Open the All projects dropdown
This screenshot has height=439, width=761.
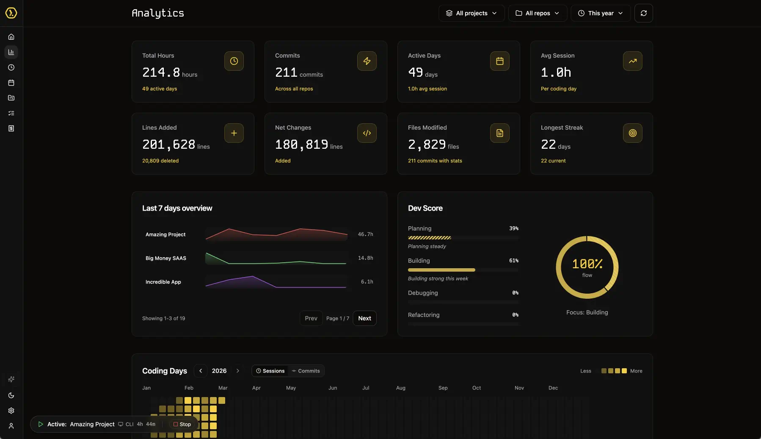click(x=471, y=13)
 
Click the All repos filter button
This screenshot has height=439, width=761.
click(x=537, y=13)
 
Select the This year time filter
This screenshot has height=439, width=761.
click(x=600, y=13)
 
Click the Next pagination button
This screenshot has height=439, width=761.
click(x=364, y=318)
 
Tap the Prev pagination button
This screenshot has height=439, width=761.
click(x=311, y=318)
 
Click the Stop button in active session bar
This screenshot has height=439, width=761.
click(x=182, y=424)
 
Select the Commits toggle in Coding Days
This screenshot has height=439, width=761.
click(x=306, y=371)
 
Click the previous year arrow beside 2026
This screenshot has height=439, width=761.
click(x=201, y=371)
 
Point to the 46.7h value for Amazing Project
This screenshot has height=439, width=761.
click(x=365, y=234)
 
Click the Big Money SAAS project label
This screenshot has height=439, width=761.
click(x=165, y=258)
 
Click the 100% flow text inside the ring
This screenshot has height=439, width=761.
click(x=587, y=264)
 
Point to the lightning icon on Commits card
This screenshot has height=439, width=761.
click(x=367, y=61)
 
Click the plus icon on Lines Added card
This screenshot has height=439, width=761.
click(x=234, y=133)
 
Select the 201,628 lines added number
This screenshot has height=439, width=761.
click(x=168, y=144)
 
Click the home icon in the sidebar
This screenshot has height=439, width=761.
click(x=11, y=37)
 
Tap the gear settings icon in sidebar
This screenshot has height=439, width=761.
click(x=11, y=411)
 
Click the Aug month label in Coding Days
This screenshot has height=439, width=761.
click(x=400, y=388)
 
